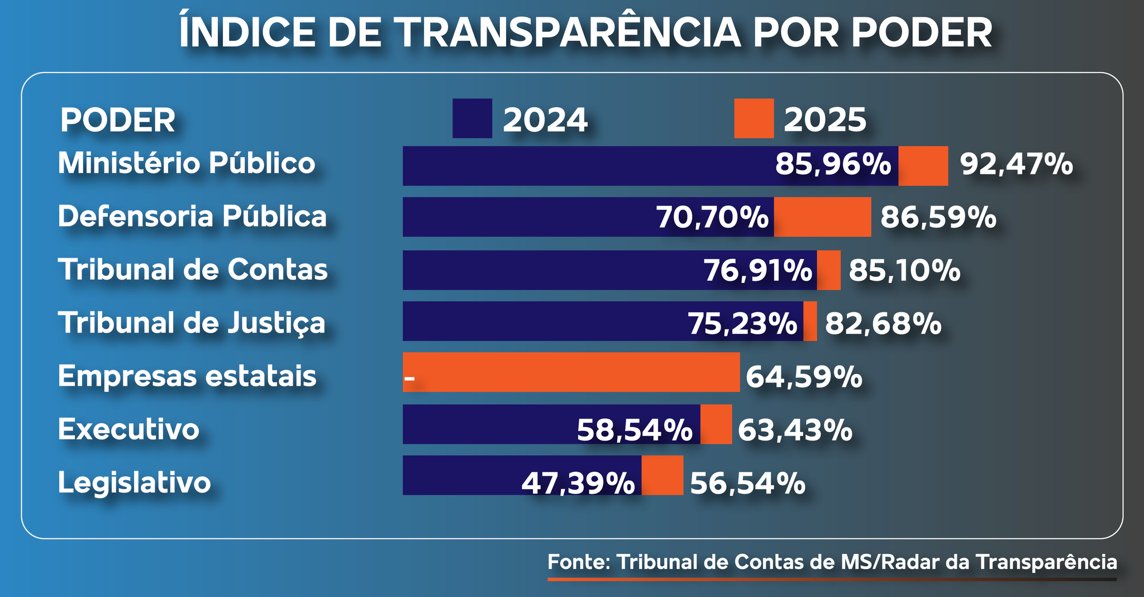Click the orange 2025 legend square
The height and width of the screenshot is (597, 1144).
754,118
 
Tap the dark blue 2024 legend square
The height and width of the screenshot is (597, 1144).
472,118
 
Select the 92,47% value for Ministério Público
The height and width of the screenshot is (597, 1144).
1016,165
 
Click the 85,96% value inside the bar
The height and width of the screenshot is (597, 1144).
833,165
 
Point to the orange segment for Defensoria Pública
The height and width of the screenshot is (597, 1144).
822,217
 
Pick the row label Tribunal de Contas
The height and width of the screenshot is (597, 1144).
193,269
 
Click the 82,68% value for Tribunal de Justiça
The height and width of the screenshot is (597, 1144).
883,324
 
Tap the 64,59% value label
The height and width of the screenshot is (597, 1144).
804,377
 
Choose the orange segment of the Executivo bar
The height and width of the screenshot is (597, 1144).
716,424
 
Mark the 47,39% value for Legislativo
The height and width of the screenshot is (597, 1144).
578,484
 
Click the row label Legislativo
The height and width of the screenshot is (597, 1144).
134,482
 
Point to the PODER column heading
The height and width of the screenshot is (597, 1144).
117,120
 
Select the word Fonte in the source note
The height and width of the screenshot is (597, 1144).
578,562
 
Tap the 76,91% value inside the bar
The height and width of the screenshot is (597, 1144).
757,271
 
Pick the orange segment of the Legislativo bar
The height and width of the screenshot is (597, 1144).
662,475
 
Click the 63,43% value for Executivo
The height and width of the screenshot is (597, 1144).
795,430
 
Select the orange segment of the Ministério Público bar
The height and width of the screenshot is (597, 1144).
923,166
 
